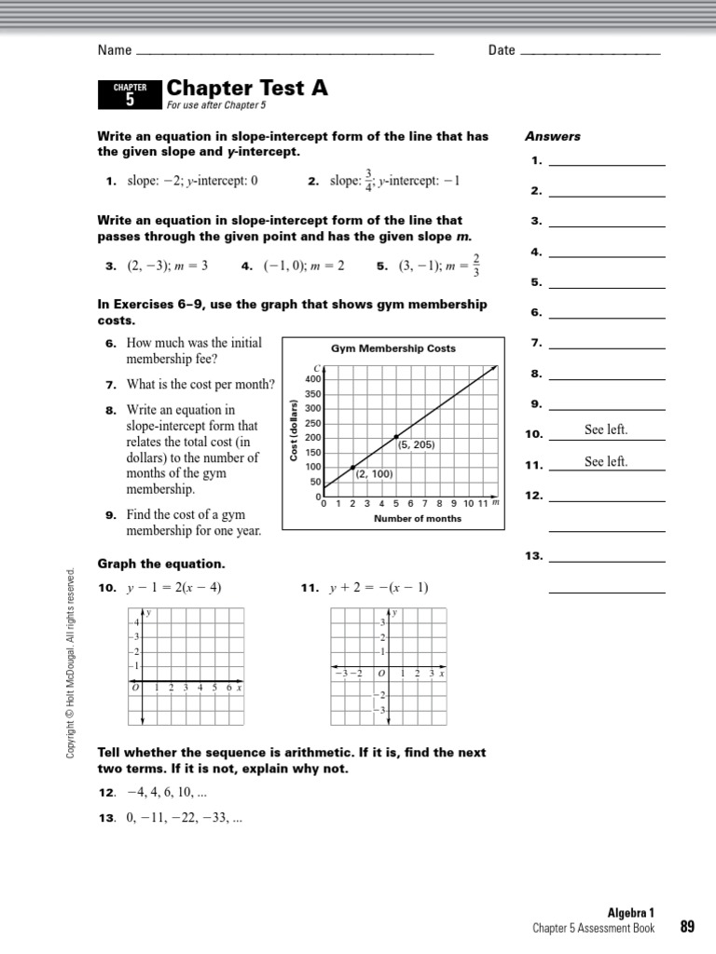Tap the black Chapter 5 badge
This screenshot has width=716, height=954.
(130, 95)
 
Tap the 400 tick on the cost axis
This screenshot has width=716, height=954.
(312, 379)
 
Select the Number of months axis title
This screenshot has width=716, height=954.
(417, 519)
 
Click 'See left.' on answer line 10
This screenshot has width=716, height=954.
(606, 430)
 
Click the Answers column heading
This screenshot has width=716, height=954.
(553, 136)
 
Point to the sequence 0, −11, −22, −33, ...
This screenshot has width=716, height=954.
(184, 818)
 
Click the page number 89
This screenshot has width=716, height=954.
(687, 926)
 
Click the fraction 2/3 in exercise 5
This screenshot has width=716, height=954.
(476, 266)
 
